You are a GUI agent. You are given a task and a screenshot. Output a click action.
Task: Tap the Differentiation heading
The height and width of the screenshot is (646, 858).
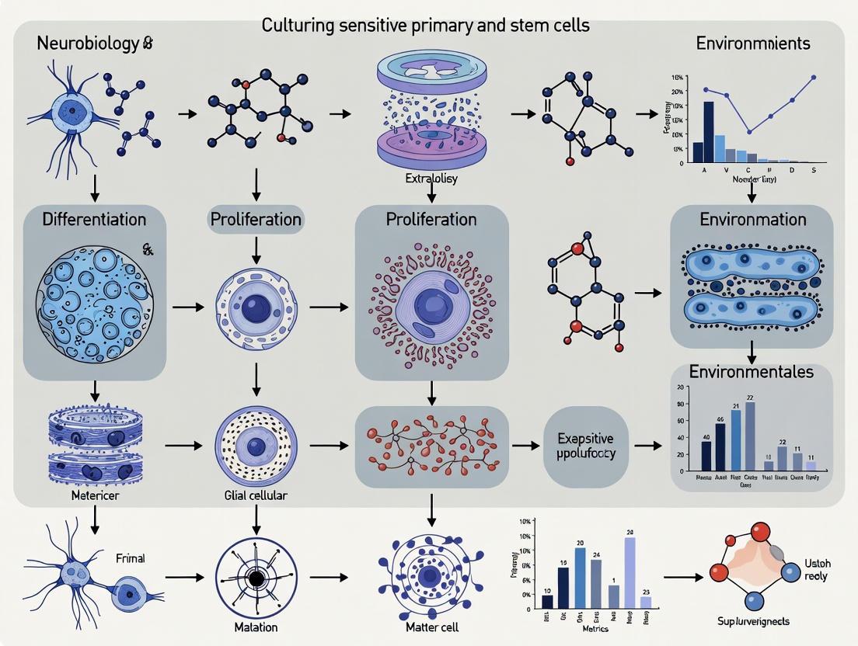click(94, 219)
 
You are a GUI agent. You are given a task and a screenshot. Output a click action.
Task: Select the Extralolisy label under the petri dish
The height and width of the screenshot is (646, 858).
click(431, 179)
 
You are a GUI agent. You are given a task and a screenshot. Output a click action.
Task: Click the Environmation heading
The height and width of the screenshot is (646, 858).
click(752, 219)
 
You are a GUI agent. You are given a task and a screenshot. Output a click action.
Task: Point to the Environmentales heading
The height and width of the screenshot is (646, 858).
click(752, 371)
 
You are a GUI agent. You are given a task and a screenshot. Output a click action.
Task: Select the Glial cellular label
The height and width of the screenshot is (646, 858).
click(255, 495)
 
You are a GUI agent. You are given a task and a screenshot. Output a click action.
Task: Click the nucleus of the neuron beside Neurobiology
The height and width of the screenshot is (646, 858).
click(72, 111)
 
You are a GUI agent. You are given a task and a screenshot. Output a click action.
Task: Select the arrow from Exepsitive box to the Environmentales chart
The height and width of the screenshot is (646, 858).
click(645, 446)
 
